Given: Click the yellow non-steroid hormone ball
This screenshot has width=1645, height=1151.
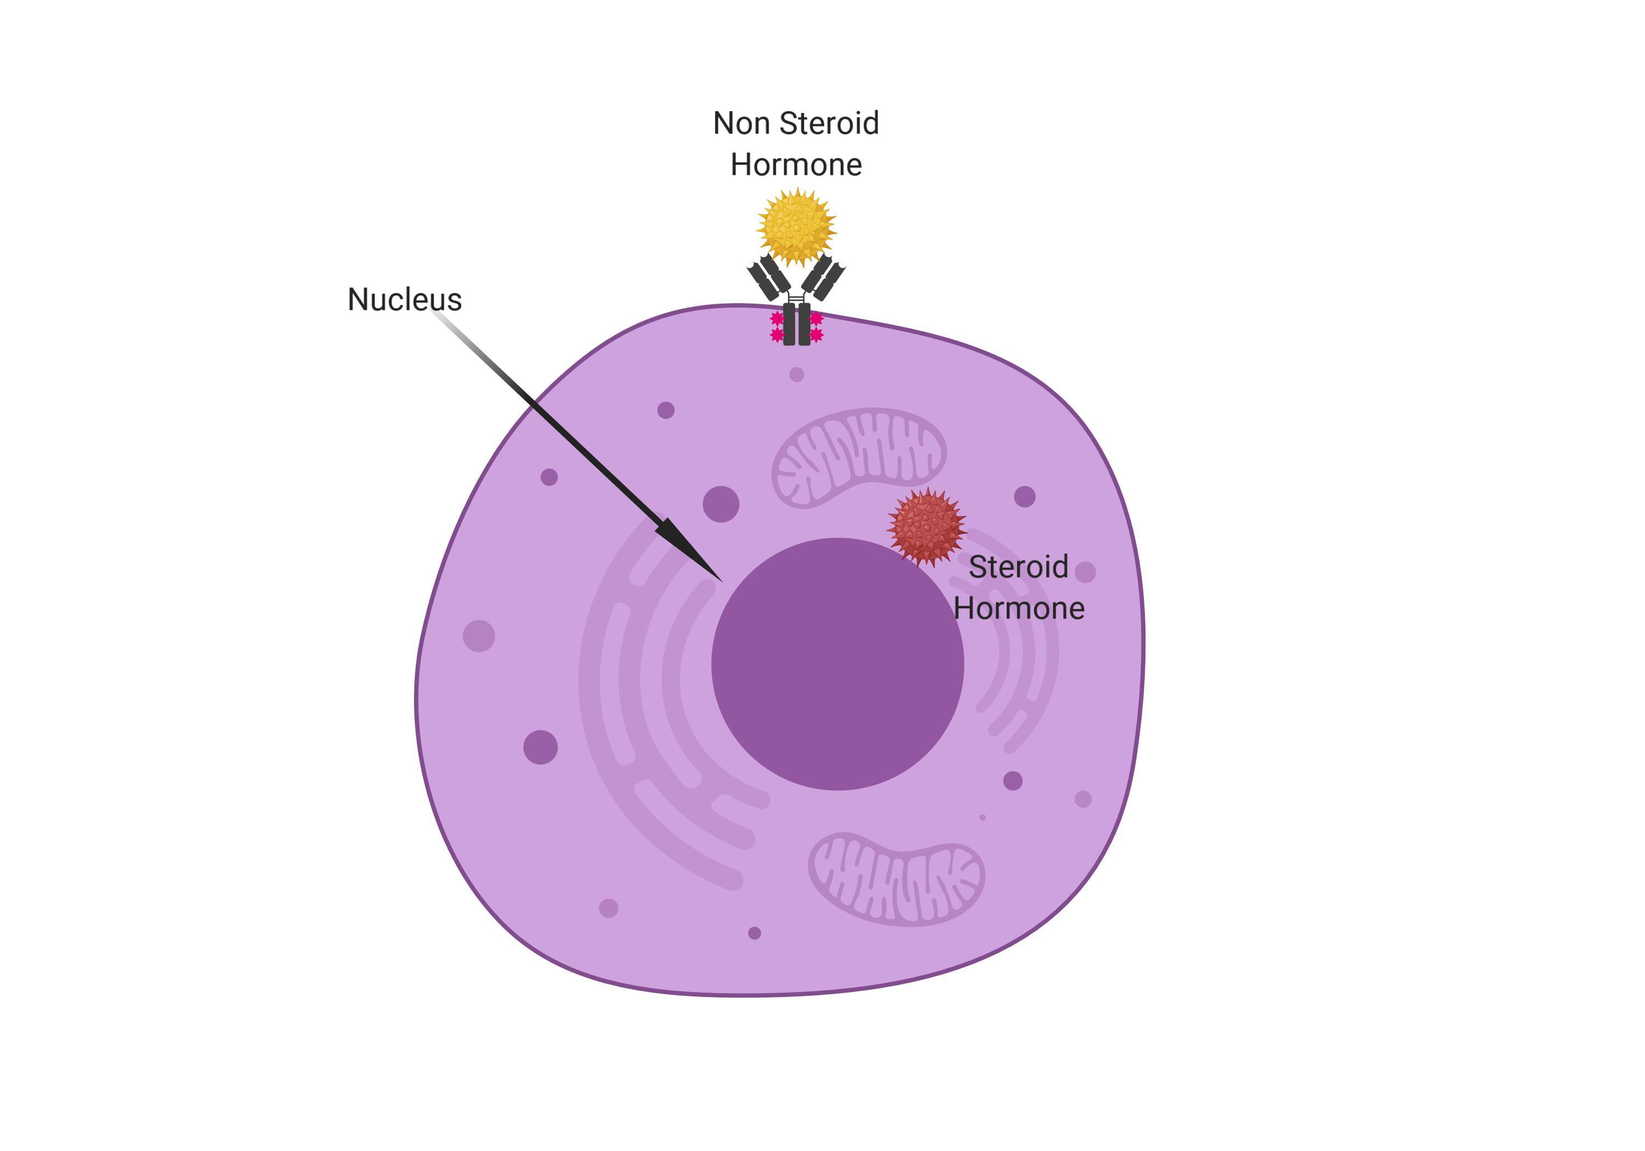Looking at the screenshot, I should (x=796, y=226).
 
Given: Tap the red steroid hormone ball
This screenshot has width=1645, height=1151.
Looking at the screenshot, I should (x=926, y=527).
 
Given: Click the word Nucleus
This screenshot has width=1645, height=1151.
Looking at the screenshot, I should (x=404, y=299).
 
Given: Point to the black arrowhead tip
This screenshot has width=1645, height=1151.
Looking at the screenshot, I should (x=720, y=579).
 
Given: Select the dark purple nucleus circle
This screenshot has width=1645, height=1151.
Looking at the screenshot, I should (x=837, y=663).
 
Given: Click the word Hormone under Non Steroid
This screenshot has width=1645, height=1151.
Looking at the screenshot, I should (x=796, y=165).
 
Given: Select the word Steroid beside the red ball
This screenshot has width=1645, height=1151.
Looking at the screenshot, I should (x=1018, y=567).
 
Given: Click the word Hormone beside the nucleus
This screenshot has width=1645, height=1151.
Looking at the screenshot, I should (x=1018, y=608).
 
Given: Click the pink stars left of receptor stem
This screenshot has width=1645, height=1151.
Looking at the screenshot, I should (x=776, y=327).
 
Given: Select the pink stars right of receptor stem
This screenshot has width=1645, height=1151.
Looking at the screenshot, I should (x=816, y=327).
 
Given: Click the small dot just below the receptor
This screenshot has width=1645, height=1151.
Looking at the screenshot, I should (x=796, y=374).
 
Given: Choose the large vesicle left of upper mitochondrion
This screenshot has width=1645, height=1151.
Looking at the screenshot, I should (x=721, y=504).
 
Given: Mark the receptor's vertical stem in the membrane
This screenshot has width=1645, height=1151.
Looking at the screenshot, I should (x=796, y=324).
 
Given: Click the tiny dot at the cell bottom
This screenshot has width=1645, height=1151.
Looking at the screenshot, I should (x=754, y=932).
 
